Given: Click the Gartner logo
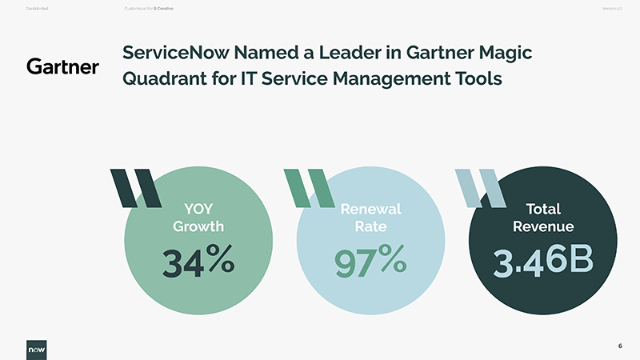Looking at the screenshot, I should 62,66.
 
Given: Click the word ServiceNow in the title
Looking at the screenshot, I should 169,54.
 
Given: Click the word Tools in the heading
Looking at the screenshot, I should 477,80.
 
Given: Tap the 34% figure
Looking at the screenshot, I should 198,261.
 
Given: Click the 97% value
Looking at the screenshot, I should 370,261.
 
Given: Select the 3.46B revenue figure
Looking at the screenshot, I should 542,262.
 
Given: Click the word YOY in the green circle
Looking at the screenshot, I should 198,210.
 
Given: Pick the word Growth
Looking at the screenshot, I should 198,226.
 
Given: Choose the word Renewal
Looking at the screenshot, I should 370,210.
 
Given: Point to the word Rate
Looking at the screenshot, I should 370,226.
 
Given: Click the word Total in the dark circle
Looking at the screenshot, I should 542,210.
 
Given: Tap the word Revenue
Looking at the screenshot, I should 542,226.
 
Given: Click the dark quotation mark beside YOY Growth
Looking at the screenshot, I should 134,189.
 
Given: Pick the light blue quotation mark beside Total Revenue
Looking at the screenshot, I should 479,189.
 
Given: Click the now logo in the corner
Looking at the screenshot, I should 35,349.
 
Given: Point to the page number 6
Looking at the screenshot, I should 620,346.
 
